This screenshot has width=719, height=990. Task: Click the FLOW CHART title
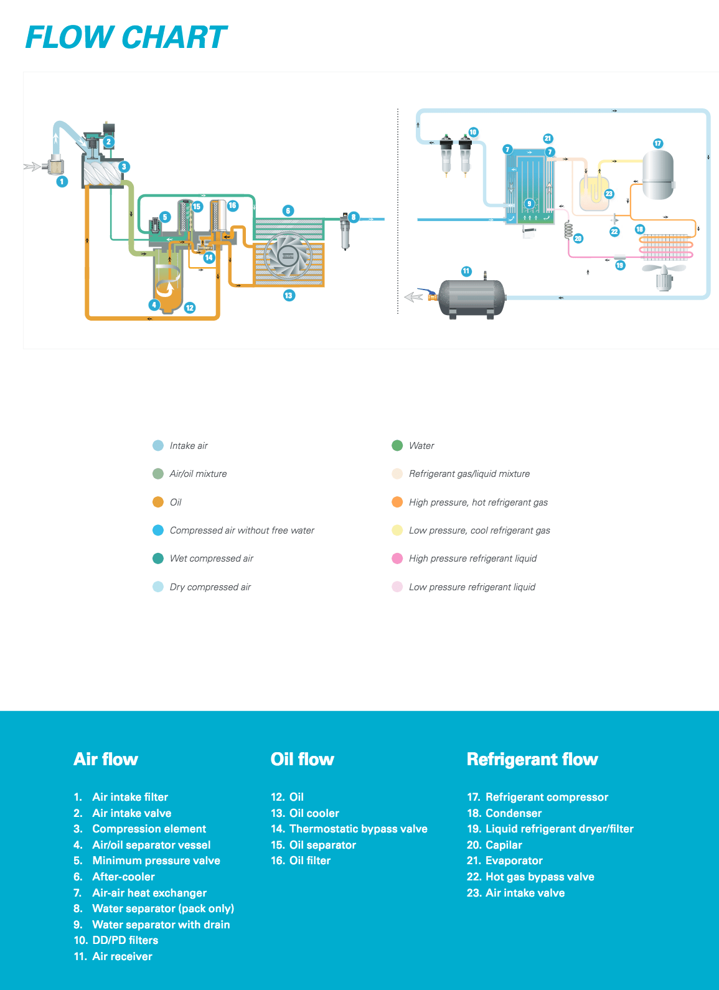point(126,37)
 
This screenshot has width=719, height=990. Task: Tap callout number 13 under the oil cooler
point(289,295)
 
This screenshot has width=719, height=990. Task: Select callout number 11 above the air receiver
point(466,271)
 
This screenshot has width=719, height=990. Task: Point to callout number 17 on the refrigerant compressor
point(658,143)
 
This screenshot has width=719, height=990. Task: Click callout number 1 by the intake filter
point(62,182)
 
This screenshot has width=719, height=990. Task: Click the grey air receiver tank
point(472,298)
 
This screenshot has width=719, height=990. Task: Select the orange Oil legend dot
point(158,502)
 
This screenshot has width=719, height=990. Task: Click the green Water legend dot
point(397,445)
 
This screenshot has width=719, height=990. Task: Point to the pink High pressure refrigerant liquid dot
point(397,559)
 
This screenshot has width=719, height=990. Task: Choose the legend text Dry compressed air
point(210,587)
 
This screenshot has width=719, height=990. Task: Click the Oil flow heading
point(303,759)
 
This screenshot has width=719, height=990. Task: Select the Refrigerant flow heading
point(532,759)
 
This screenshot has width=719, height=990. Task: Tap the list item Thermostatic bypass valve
point(358,829)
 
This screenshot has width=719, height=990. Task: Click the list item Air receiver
point(122,956)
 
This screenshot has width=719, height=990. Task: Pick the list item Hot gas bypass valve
point(540,877)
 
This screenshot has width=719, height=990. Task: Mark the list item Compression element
point(149,829)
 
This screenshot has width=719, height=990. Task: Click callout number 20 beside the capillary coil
point(578,238)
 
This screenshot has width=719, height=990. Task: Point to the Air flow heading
point(106,759)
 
